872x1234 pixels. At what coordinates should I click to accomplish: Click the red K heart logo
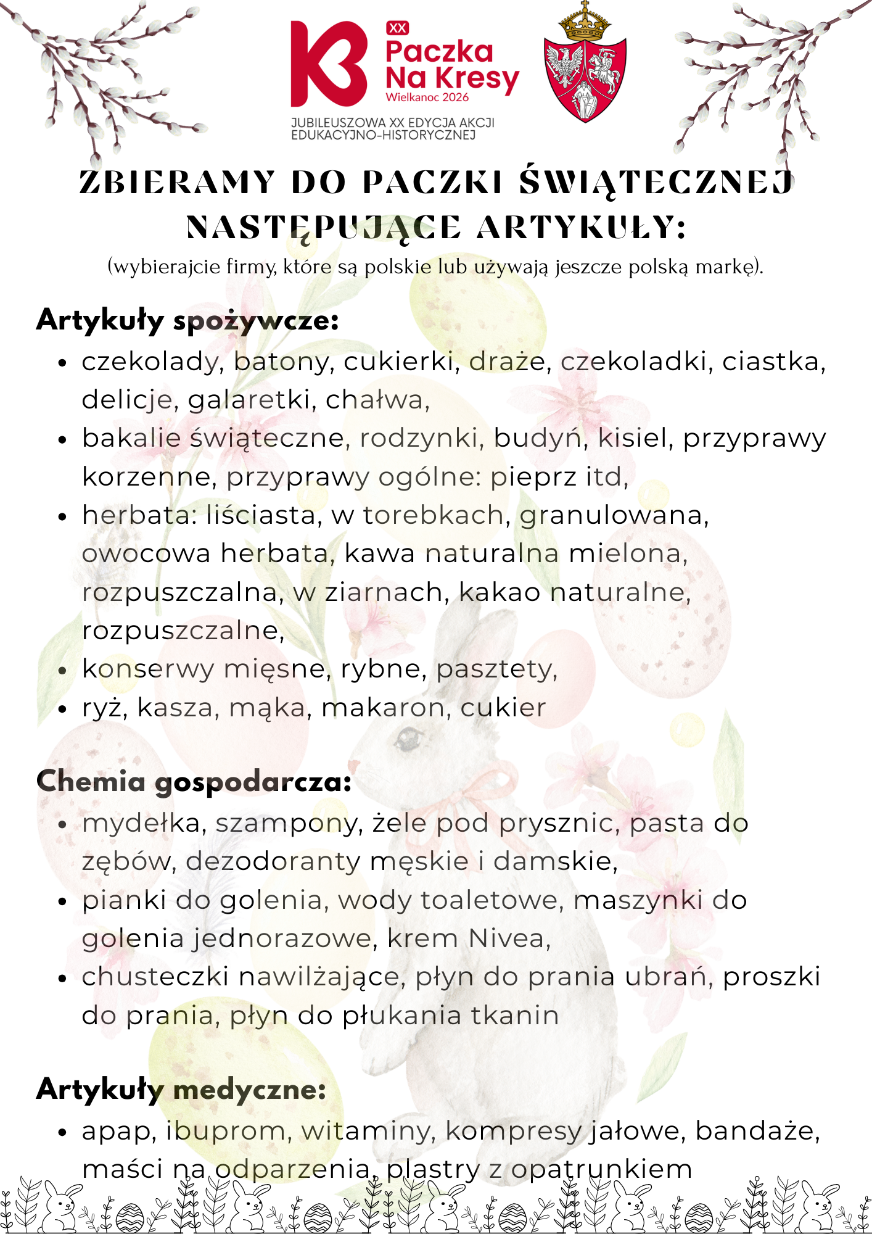point(328,64)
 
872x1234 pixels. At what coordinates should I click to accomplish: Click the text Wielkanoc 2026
point(427,97)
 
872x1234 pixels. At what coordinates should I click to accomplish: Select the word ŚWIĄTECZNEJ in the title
point(656,183)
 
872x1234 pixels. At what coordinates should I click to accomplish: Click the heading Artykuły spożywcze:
point(187,320)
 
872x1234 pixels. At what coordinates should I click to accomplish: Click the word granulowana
point(614,515)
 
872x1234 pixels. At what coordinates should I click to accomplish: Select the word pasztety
point(496,669)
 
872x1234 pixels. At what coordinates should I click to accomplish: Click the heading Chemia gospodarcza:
point(194,782)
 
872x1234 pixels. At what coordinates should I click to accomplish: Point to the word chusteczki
point(155,977)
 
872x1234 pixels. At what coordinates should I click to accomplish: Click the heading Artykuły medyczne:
point(181,1089)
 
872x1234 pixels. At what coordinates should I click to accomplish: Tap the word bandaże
point(756,1131)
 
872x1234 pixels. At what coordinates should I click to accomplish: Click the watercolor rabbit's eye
point(407,736)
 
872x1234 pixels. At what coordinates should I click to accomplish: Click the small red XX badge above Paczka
point(398,28)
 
